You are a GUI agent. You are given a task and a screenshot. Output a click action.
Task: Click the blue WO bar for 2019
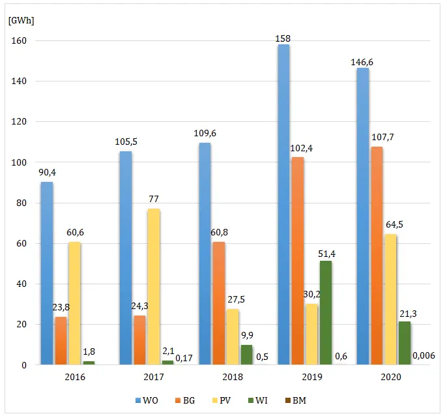(283, 205)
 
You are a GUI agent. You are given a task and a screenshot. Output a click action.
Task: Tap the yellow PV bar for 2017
(153, 287)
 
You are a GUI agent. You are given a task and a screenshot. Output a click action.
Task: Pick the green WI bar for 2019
(325, 313)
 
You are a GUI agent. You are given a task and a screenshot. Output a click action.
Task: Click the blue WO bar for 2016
(47, 273)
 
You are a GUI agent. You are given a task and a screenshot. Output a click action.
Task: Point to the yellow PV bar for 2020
(390, 299)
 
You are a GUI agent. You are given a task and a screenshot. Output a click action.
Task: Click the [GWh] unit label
(22, 20)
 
